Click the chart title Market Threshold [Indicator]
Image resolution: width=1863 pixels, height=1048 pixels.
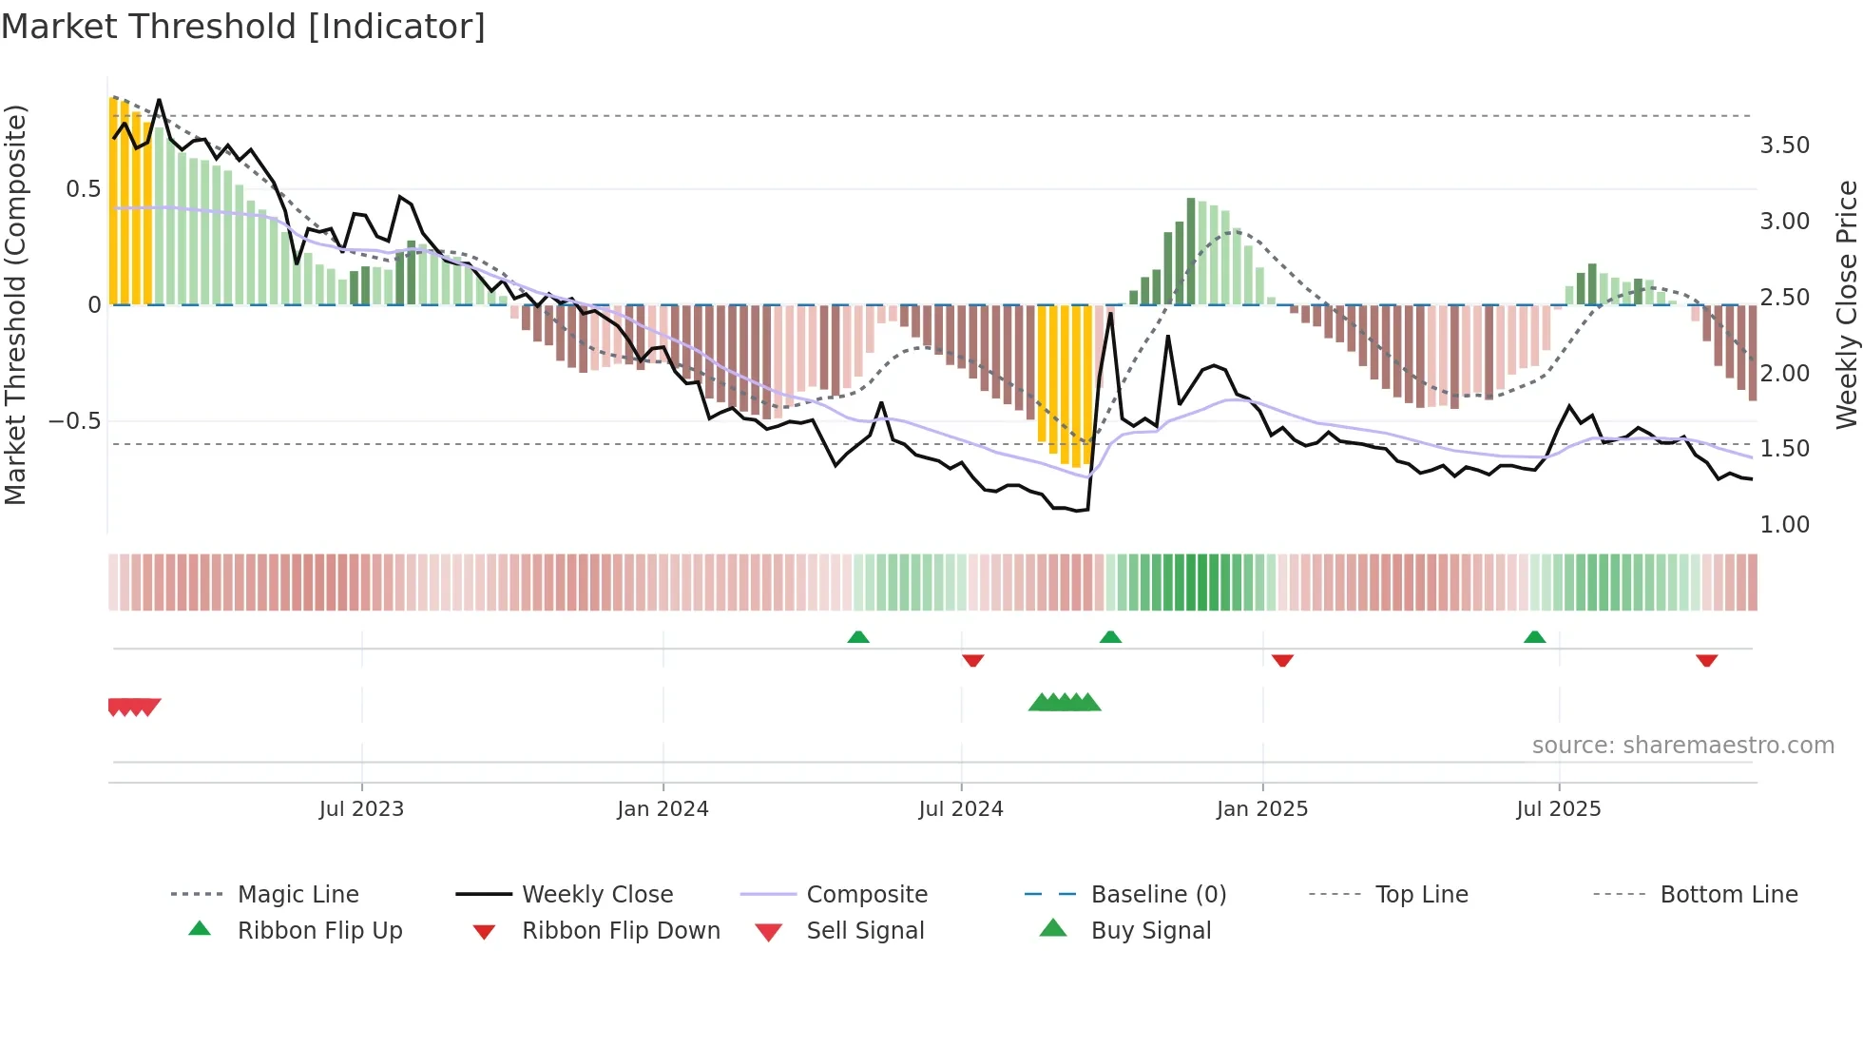(x=243, y=27)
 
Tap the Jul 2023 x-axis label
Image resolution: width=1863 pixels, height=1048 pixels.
(x=361, y=809)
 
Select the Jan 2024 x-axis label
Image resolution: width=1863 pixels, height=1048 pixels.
(x=663, y=809)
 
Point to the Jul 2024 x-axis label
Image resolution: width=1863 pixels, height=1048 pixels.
(x=961, y=809)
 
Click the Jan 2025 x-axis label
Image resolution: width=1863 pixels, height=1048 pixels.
(x=1262, y=809)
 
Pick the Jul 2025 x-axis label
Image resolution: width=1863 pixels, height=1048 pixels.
(x=1559, y=809)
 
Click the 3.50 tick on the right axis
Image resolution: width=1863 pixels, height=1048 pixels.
(x=1784, y=146)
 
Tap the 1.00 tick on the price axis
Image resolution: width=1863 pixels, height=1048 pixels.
(x=1784, y=525)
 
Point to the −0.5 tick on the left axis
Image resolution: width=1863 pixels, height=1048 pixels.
(x=75, y=421)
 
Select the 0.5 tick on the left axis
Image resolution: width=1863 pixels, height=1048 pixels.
(x=83, y=189)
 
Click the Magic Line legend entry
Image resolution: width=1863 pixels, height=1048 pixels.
(x=298, y=895)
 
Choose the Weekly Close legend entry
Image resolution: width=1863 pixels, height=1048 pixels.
(x=597, y=895)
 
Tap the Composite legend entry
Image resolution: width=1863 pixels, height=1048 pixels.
(x=867, y=895)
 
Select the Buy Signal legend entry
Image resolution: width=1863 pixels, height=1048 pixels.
(x=1150, y=931)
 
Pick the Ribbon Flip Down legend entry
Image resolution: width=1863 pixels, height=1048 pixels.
(x=621, y=931)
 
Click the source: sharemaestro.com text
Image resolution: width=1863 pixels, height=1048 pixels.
(x=1682, y=746)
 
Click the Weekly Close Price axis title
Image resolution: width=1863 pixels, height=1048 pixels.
(x=1846, y=304)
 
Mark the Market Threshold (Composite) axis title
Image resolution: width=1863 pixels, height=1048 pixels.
(x=16, y=304)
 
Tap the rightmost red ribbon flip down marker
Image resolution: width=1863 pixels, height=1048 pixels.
(x=1706, y=660)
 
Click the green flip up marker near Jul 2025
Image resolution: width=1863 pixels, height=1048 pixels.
(x=1534, y=637)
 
